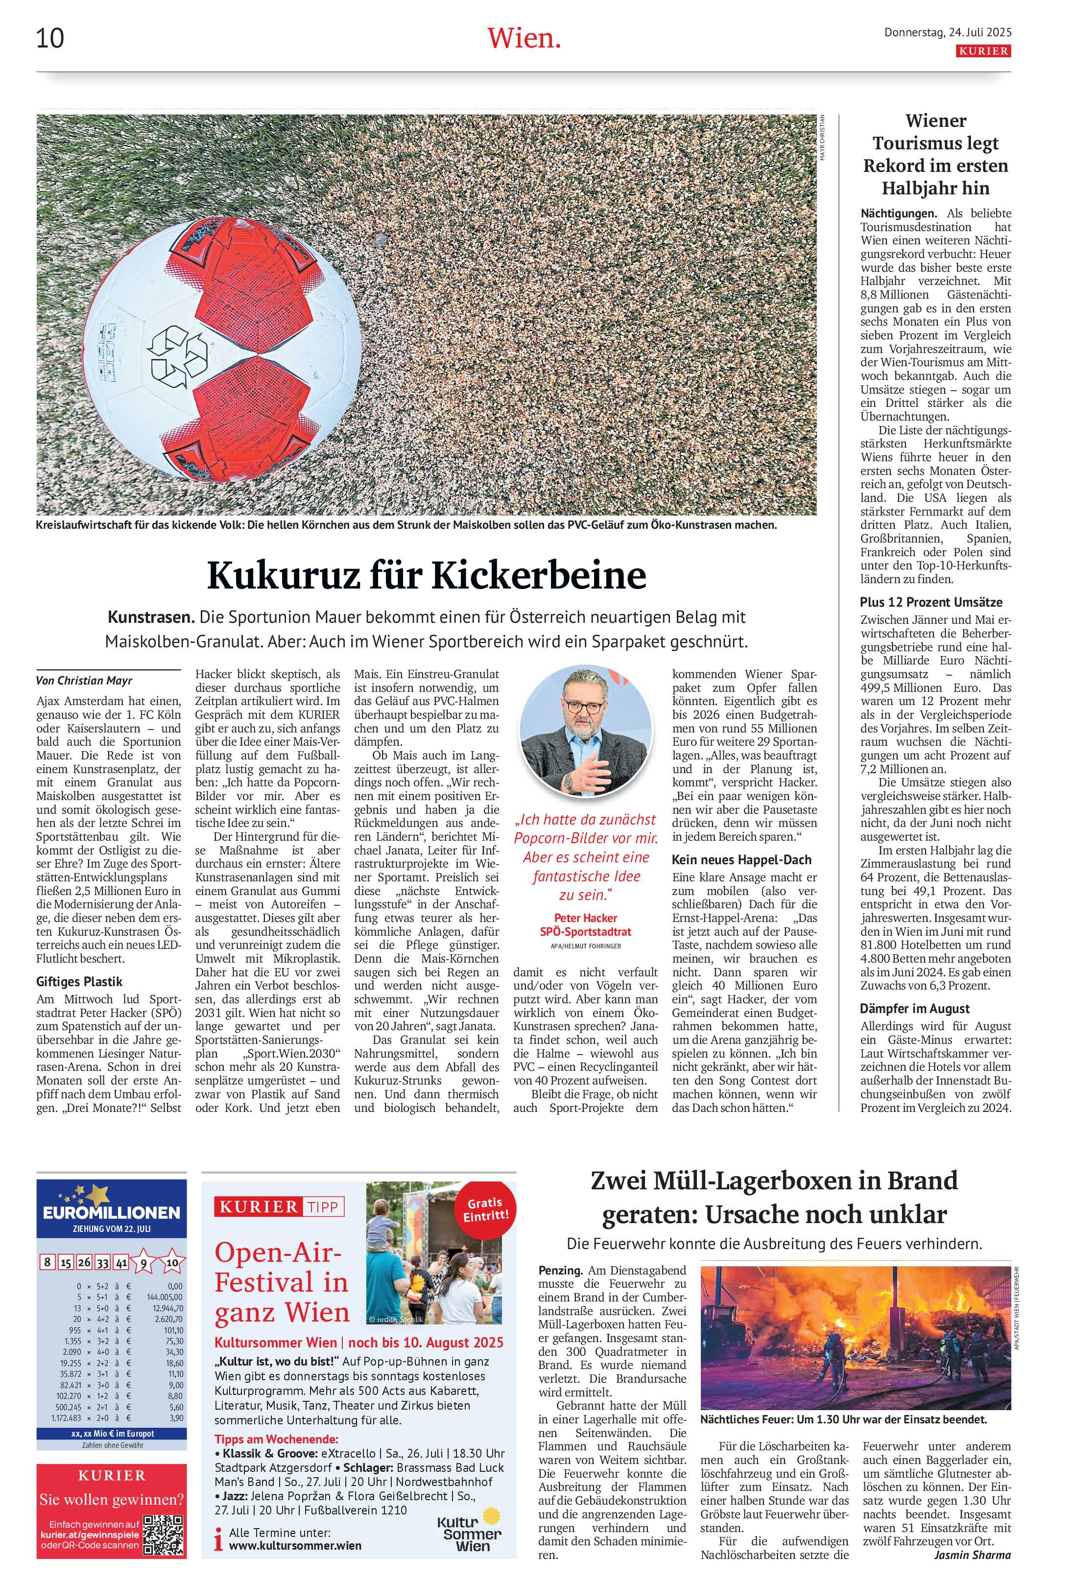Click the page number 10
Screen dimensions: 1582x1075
pos(50,38)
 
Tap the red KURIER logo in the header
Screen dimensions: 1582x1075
pos(983,51)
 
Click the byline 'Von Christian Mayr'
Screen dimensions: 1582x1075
pos(84,680)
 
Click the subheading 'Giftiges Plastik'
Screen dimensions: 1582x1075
pos(80,982)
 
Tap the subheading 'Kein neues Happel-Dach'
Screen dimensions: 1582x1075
pos(741,860)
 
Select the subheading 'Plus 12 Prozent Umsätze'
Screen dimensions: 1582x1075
pos(931,602)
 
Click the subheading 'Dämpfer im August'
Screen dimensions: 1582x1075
pos(914,1009)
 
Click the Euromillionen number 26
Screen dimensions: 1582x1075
pos(84,1262)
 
